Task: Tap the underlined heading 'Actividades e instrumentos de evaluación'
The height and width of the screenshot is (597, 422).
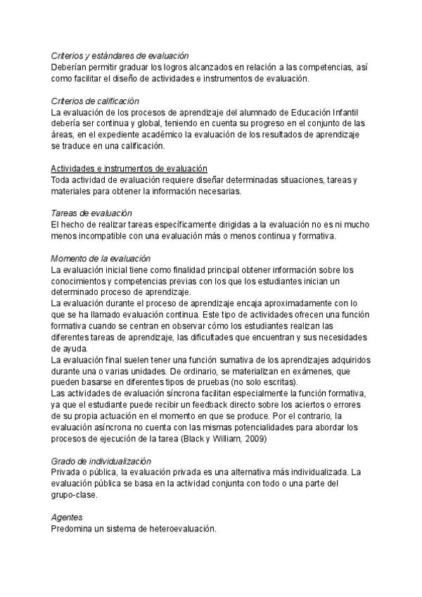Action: [x=129, y=168]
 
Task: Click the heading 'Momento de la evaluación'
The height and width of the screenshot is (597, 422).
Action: [x=101, y=258]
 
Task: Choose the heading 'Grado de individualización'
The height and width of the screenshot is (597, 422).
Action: [x=102, y=461]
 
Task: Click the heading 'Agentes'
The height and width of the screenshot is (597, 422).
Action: [x=68, y=517]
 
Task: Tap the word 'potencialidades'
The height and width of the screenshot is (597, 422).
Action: [x=261, y=427]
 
